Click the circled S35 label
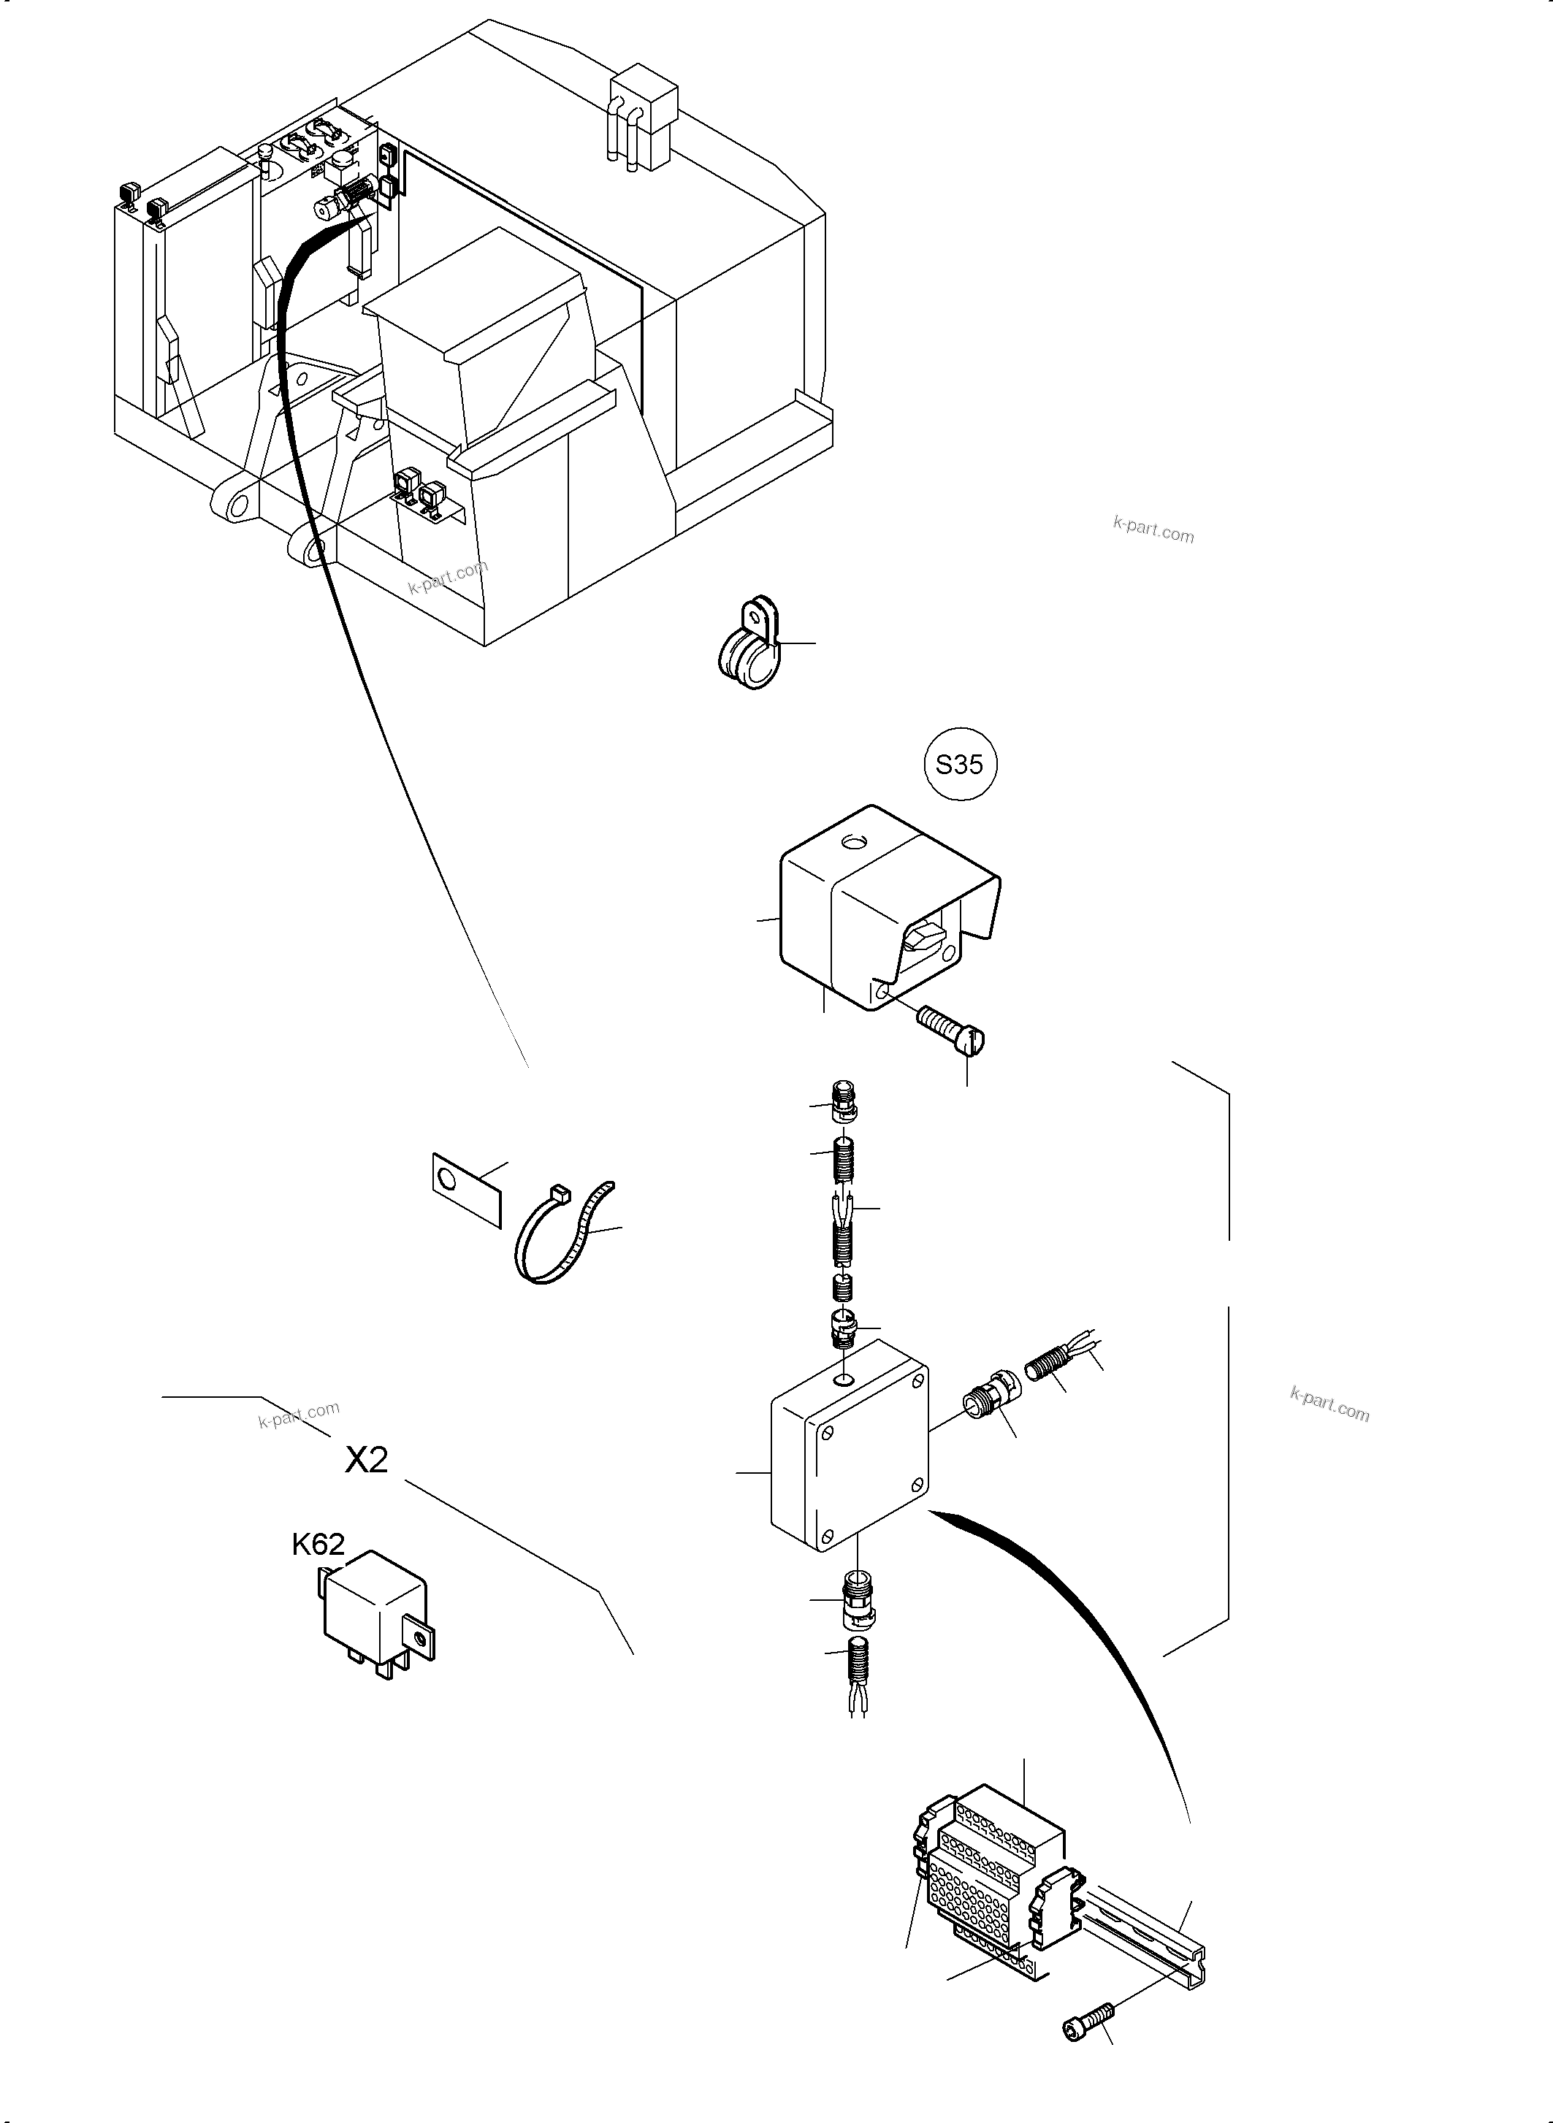(x=959, y=764)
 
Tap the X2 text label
(x=367, y=1459)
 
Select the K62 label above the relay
(x=318, y=1544)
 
